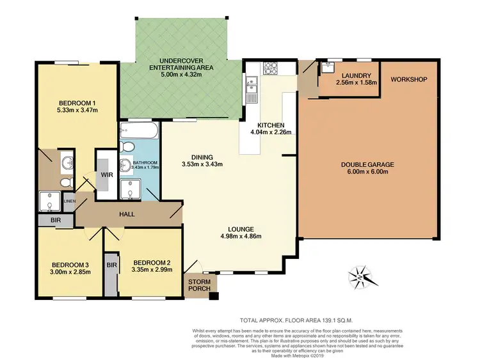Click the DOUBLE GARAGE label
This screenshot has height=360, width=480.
pyautogui.click(x=367, y=164)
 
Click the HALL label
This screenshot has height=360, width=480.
pyautogui.click(x=126, y=214)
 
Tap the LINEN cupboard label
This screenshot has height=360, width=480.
pyautogui.click(x=69, y=202)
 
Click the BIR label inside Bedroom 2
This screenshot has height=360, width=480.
pyautogui.click(x=111, y=264)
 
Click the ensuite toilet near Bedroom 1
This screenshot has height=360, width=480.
pyautogui.click(x=65, y=182)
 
